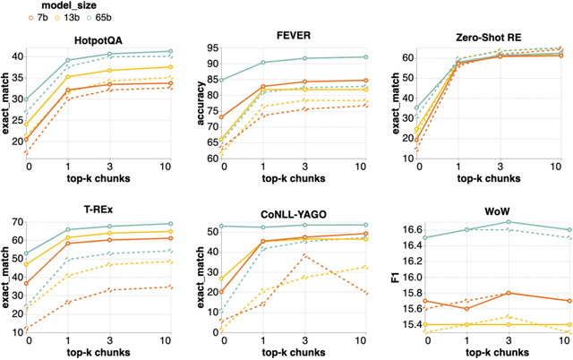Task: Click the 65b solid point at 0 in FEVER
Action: (220, 80)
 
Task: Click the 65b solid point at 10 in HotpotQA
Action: (171, 51)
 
